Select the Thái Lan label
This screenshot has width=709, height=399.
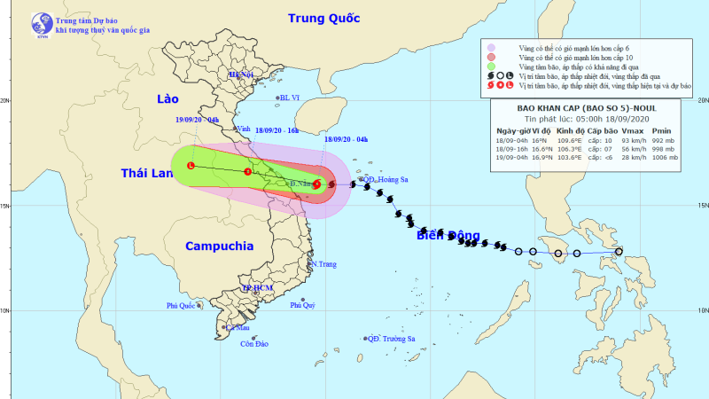coord(148,174)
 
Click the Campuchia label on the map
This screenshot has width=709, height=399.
coord(220,246)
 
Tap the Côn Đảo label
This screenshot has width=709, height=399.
coord(254,344)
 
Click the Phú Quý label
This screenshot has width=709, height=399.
coord(303,306)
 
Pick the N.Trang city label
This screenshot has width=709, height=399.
coord(324,264)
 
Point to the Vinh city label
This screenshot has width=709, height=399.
coord(241,129)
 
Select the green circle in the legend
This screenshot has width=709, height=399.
coord(491,66)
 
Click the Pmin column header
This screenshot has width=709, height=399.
coord(664,130)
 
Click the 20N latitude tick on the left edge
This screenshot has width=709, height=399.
coord(6,100)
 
